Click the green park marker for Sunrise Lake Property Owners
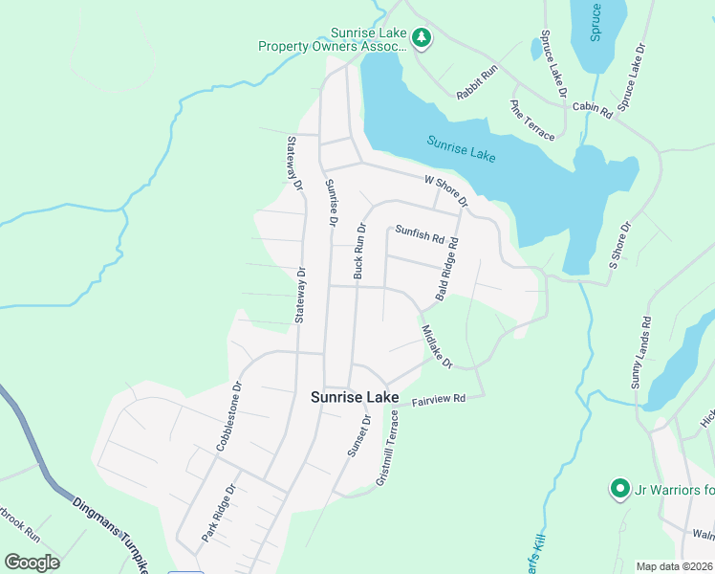(x=422, y=38)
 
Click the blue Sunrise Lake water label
(x=461, y=148)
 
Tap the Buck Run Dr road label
(x=360, y=252)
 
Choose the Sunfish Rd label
(x=421, y=232)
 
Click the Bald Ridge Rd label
(x=447, y=271)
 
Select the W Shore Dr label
(x=446, y=190)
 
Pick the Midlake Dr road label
(x=436, y=346)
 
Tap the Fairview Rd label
(x=438, y=398)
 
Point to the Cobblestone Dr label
(x=230, y=417)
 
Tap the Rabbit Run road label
(x=477, y=82)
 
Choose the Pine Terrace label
(x=532, y=121)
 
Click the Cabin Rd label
(x=592, y=110)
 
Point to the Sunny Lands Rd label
(x=639, y=352)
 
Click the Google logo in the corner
(x=32, y=563)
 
